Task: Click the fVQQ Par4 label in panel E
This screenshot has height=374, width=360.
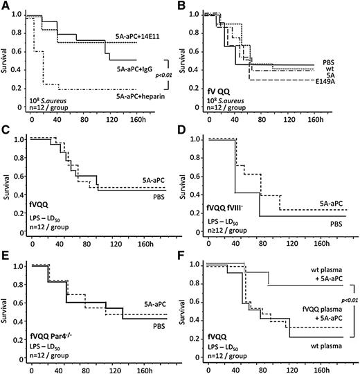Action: (x=51, y=336)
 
